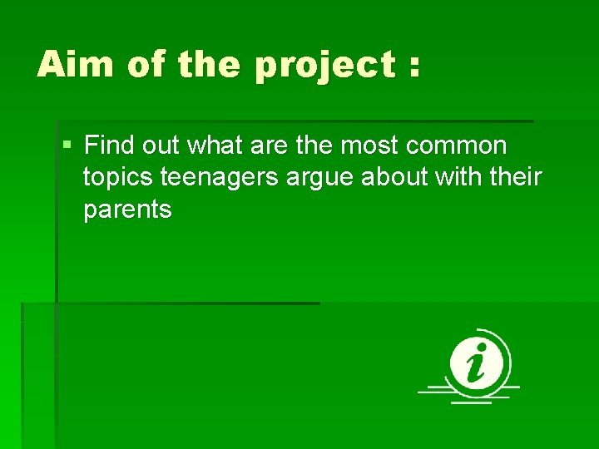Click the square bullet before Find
[x=67, y=146]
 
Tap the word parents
[x=127, y=210]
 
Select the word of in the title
[x=146, y=64]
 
